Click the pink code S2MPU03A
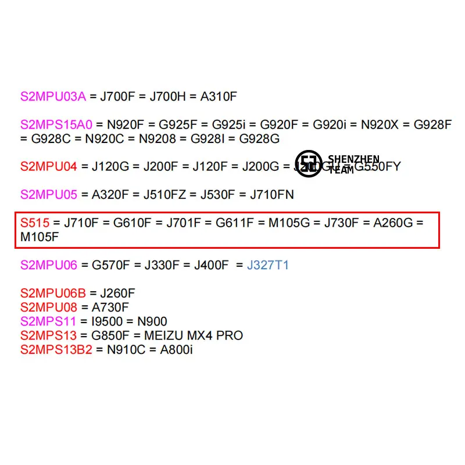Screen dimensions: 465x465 tap(53, 96)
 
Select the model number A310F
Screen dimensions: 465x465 tap(219, 96)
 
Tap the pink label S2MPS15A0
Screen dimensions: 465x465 tap(56, 124)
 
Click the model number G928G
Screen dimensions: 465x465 tap(260, 139)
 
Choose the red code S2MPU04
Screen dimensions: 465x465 tap(48, 167)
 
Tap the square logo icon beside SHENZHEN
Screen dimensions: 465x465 tap(308, 163)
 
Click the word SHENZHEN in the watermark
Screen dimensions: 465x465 tap(353, 159)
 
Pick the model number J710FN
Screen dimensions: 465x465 tap(272, 195)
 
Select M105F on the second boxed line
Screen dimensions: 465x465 tap(40, 237)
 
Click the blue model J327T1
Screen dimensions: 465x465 tap(268, 266)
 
